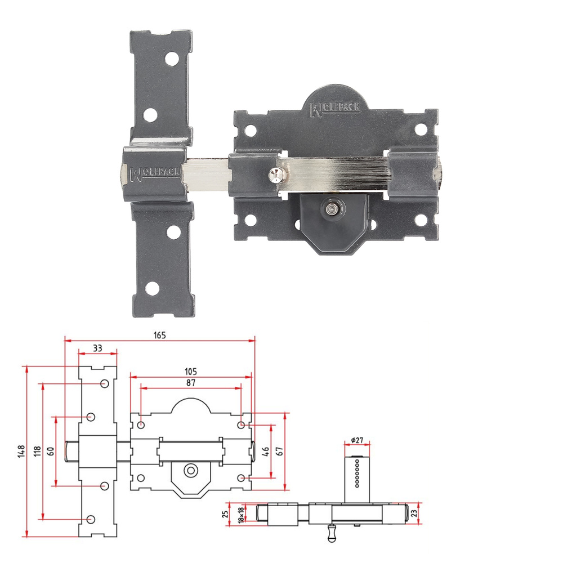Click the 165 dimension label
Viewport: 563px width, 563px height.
pyautogui.click(x=160, y=335)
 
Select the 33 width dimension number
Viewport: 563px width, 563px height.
pyautogui.click(x=97, y=348)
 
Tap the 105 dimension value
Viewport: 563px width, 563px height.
pyautogui.click(x=191, y=372)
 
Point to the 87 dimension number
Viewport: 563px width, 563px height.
pyautogui.click(x=191, y=383)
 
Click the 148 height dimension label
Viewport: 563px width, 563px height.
pyautogui.click(x=21, y=451)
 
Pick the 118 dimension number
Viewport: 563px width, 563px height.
pyautogui.click(x=37, y=451)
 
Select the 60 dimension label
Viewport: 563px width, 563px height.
pyautogui.click(x=51, y=451)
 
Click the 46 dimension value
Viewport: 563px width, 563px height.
pyautogui.click(x=265, y=451)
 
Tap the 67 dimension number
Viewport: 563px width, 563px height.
pyautogui.click(x=279, y=451)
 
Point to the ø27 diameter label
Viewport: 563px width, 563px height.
pyautogui.click(x=358, y=440)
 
